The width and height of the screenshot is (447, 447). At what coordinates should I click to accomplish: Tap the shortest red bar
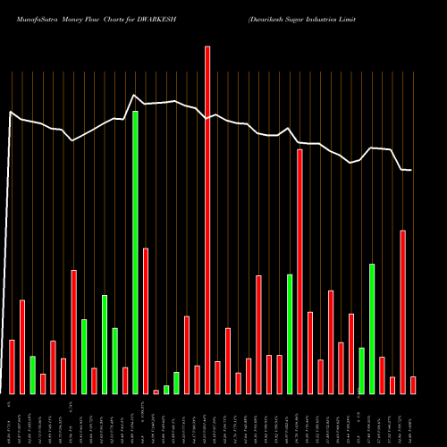coord(156,392)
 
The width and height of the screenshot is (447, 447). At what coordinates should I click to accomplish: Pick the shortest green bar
coord(166,389)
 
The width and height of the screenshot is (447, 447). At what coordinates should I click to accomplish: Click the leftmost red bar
coord(12,367)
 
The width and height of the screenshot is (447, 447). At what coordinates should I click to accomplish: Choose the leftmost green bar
coord(32,375)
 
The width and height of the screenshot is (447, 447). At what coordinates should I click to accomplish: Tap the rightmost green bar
coord(372,328)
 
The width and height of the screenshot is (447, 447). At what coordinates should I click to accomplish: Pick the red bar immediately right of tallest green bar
coord(146,321)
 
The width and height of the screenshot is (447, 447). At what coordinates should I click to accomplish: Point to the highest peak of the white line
coord(134,95)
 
